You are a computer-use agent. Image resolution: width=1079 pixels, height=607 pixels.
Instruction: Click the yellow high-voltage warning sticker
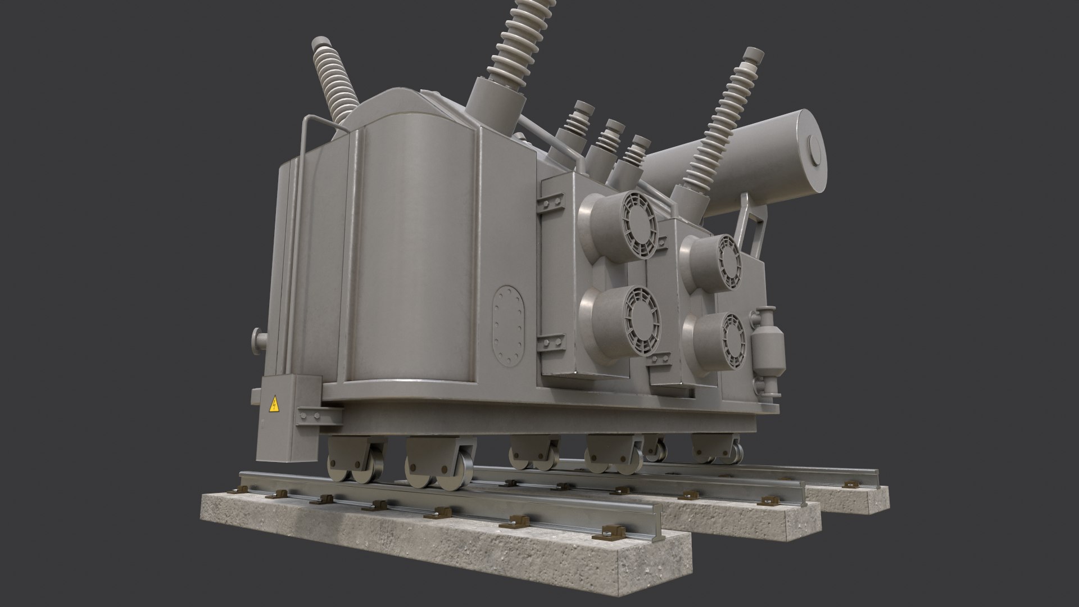[x=275, y=404]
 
